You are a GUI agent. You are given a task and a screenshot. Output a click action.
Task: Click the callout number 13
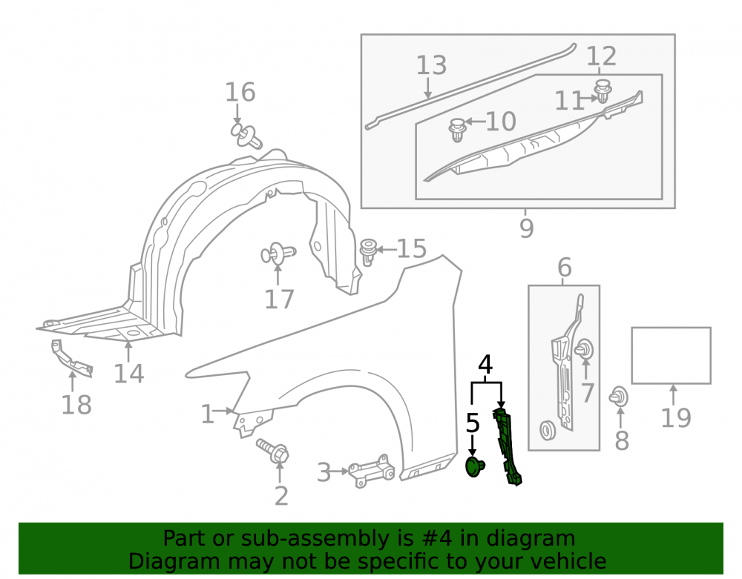click(431, 65)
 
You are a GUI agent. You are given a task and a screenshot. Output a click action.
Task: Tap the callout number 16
click(240, 92)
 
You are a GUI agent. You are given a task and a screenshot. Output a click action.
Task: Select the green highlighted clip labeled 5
click(475, 466)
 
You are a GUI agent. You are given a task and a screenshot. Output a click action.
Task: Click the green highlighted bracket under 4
click(507, 446)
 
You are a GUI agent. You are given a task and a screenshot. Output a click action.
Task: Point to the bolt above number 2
click(273, 451)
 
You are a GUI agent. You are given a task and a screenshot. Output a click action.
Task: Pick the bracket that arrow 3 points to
click(372, 471)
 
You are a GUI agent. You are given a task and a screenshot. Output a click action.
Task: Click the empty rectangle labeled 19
click(671, 355)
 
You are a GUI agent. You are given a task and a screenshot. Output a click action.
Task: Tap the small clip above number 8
click(619, 397)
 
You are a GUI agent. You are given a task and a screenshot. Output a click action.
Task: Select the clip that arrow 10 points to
click(456, 130)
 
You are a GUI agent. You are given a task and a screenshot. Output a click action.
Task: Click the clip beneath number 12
click(603, 90)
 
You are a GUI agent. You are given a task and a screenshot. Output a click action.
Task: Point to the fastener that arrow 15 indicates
click(368, 251)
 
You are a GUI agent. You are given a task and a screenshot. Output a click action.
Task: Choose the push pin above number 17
click(278, 254)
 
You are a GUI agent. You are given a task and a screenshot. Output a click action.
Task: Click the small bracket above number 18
click(71, 358)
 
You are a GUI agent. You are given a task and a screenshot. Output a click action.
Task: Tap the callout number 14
click(128, 374)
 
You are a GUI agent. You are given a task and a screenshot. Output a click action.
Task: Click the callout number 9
click(527, 228)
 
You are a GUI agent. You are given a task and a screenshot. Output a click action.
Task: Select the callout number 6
click(564, 268)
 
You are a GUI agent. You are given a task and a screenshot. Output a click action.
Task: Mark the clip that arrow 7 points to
click(585, 349)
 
